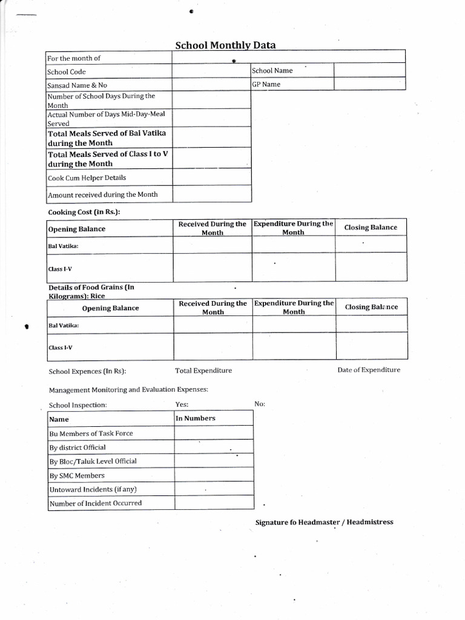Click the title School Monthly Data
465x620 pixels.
point(225,45)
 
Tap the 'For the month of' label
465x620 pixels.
point(74,58)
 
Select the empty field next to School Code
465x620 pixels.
point(211,71)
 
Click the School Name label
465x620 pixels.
point(272,71)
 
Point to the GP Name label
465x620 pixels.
point(266,84)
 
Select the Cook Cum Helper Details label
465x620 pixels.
point(87,178)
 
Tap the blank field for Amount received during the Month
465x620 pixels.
point(211,194)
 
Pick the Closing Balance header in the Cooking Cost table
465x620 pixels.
point(371,228)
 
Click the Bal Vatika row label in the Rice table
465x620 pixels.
point(63,325)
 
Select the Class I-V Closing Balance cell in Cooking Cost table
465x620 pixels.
point(371,267)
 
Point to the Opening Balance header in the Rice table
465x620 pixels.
point(110,308)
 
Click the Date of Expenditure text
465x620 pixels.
point(368,370)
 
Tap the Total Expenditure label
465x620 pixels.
point(203,371)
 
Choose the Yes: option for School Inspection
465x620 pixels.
point(182,404)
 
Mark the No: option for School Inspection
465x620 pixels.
point(260,404)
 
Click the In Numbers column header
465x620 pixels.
point(195,418)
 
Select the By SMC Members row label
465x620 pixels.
point(77,476)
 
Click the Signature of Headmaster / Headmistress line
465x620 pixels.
point(324,522)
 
